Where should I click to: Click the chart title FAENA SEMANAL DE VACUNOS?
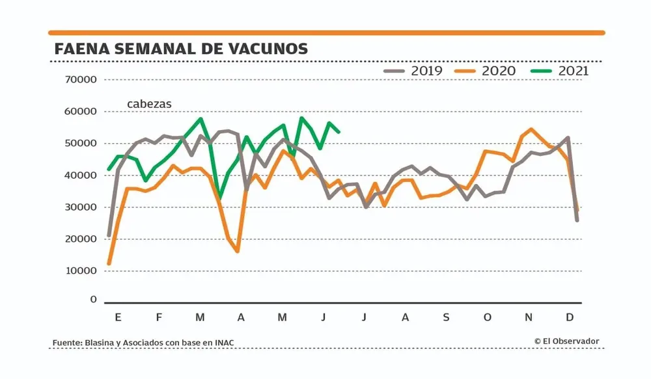point(181,49)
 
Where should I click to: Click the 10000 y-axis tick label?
point(81,271)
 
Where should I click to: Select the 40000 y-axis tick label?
point(81,176)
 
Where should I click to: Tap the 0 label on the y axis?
point(93,300)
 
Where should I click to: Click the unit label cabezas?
point(149,104)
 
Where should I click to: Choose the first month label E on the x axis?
point(118,317)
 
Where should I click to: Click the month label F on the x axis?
point(159,317)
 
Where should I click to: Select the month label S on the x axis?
point(446,317)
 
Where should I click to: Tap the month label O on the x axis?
point(487,317)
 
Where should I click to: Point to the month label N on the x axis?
point(529,317)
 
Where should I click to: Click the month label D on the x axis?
point(570,317)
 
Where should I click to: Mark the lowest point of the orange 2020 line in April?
point(238,251)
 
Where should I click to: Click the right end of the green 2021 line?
point(339,131)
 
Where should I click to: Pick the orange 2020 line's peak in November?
point(531,129)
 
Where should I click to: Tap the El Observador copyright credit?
point(566,341)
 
